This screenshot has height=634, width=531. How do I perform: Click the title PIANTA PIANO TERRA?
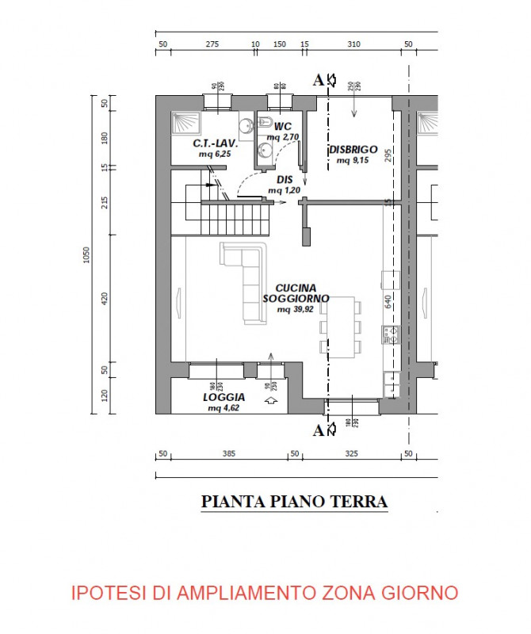coord(294,502)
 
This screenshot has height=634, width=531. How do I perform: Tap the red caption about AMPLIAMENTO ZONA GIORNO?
coord(265,592)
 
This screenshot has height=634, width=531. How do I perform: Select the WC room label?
coord(283,127)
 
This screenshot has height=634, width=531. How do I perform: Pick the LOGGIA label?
coord(223,397)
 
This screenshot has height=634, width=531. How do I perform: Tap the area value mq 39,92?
coord(295,309)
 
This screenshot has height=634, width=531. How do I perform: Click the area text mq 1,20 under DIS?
coord(285,190)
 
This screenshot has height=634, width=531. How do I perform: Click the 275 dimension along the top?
coord(212,44)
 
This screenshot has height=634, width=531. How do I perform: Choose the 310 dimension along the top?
coord(353,44)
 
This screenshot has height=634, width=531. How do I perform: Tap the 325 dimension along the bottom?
coord(352,454)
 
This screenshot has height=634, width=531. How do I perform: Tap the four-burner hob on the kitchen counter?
coord(391,335)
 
